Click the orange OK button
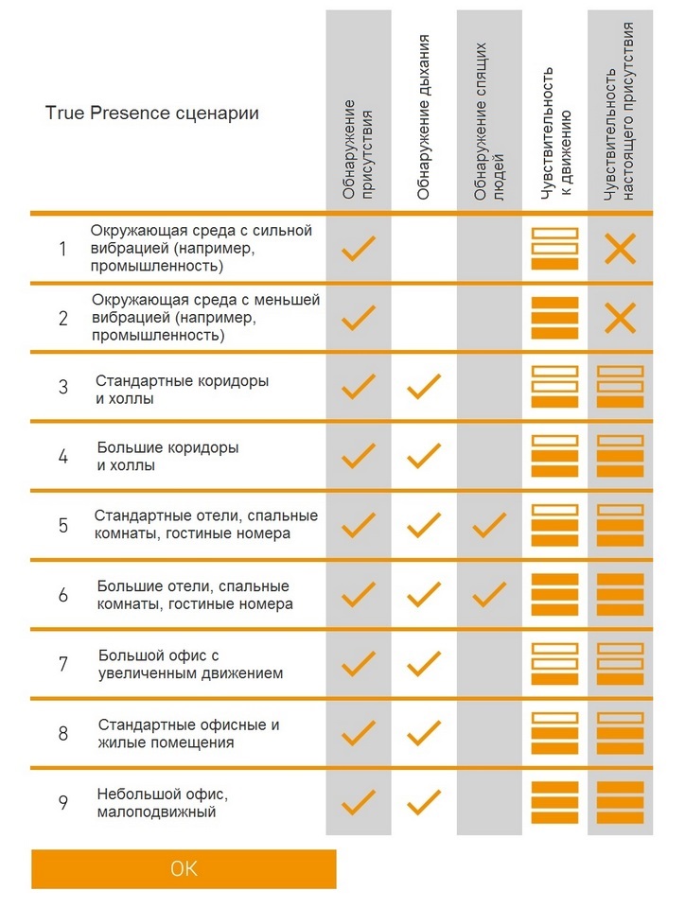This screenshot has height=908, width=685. point(184,868)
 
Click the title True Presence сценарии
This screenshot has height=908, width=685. point(151,113)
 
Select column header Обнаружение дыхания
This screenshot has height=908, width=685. point(423,117)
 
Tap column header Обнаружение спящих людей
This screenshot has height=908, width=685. point(489,122)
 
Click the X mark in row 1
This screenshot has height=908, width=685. point(620,249)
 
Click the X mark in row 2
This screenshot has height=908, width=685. point(620,318)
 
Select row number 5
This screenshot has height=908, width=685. point(63,525)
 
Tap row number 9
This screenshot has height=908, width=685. point(63,803)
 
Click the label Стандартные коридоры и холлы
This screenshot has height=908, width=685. point(182,390)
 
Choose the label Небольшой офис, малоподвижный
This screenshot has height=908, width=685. point(162,803)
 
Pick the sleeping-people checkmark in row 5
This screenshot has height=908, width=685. point(489,525)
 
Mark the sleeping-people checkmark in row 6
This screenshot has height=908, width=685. point(489,595)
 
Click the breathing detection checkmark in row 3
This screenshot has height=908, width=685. point(424,386)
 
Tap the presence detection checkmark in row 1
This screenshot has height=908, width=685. point(359,249)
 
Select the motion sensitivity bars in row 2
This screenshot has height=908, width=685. point(554,318)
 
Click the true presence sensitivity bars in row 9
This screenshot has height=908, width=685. point(620,803)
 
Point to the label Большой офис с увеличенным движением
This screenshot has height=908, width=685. point(190,664)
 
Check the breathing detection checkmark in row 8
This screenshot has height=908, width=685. point(424,733)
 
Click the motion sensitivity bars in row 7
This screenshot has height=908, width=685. point(554,664)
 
